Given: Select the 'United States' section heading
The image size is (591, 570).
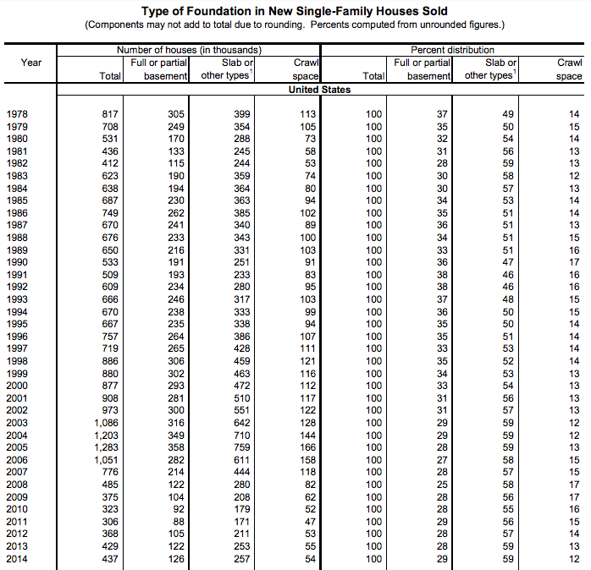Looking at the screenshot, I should coord(319,90).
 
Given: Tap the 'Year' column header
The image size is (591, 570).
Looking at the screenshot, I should coord(31,63).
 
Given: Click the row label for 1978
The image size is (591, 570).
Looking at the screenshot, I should coord(17,114).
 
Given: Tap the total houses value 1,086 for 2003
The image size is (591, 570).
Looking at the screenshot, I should coord(108,424).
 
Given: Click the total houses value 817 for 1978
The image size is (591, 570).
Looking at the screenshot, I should coord(111,114).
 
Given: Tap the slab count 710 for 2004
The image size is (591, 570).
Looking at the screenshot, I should coord(243,436).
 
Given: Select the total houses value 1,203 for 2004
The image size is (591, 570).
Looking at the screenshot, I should coord(108,436).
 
